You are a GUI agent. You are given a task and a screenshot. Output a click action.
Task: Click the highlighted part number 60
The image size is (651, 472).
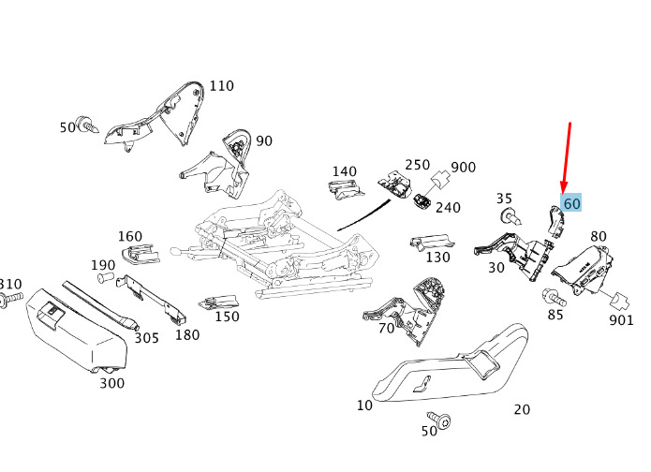click(571, 202)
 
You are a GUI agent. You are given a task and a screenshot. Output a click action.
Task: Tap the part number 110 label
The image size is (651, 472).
click(221, 86)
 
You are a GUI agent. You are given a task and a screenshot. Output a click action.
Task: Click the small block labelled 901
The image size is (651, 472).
click(617, 301)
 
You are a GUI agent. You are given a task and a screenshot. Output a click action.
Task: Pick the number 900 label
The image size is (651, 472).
click(463, 167)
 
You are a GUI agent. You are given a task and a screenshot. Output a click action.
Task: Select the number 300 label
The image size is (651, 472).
click(111, 383)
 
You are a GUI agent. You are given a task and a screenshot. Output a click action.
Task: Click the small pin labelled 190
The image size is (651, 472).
click(106, 278)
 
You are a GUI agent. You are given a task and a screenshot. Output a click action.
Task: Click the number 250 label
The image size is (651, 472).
click(417, 165)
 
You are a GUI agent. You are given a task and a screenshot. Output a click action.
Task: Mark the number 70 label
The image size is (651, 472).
click(386, 328)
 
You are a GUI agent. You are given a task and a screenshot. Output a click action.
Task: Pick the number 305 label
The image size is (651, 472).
click(146, 338)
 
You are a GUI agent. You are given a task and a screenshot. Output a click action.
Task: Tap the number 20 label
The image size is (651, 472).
click(522, 409)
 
